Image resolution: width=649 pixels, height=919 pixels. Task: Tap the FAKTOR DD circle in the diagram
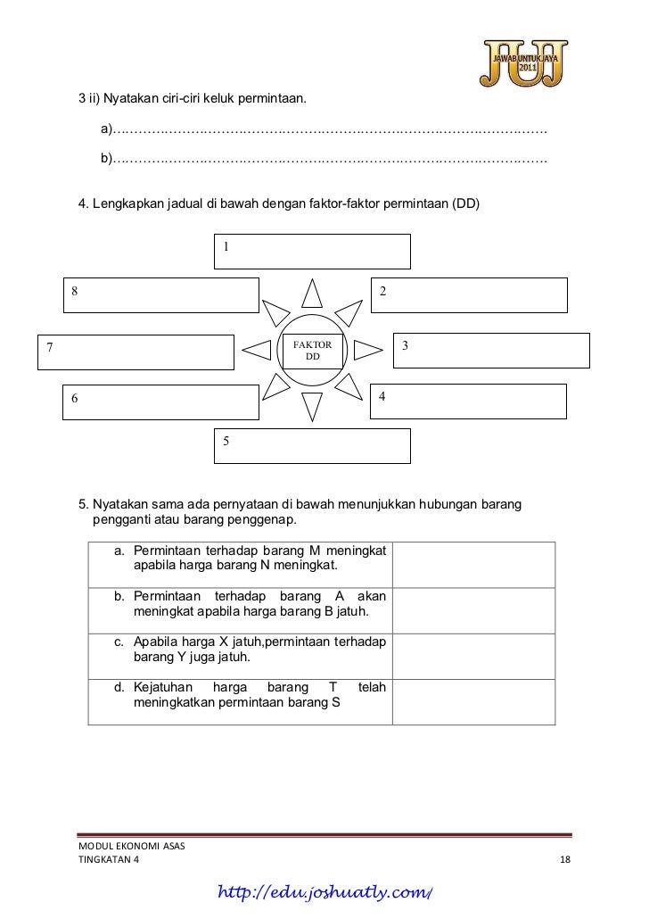click(313, 351)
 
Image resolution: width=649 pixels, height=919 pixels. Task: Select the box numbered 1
click(313, 251)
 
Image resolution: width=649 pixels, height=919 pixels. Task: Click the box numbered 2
click(469, 294)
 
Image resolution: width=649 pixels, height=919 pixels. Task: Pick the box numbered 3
click(491, 350)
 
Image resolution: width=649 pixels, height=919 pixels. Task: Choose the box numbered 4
click(469, 401)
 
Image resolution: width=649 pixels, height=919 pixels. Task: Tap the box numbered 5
click(313, 445)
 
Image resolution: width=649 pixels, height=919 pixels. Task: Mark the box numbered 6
click(161, 401)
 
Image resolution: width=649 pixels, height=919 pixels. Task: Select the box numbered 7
click(135, 351)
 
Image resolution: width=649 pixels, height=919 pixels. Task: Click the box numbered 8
click(161, 294)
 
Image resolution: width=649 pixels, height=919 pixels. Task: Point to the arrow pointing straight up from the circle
click(313, 294)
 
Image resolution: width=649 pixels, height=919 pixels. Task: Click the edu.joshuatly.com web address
click(329, 892)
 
